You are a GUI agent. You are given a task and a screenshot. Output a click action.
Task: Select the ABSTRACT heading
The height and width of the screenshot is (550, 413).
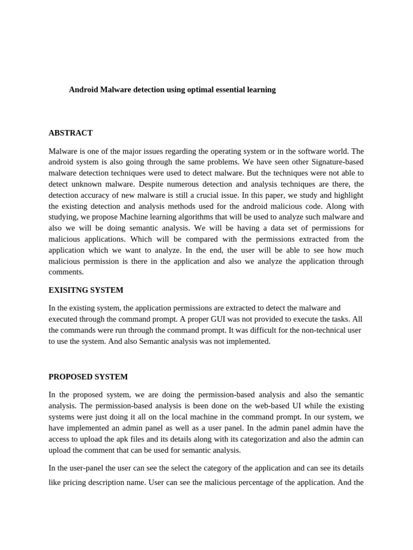coord(70,133)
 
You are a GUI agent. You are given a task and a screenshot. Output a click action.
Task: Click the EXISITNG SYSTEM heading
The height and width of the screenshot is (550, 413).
coord(86,290)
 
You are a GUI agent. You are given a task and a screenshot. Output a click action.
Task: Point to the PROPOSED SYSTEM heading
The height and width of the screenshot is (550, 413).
coord(88,377)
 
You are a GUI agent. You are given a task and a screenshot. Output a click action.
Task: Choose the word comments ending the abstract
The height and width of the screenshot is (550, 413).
coord(67,272)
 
